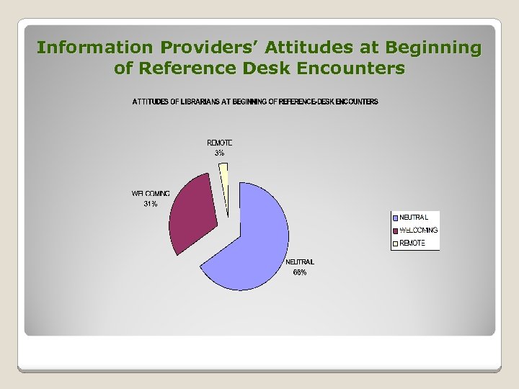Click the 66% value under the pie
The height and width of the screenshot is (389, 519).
tap(299, 272)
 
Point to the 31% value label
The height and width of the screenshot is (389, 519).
tap(150, 204)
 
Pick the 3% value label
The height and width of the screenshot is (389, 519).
tap(219, 153)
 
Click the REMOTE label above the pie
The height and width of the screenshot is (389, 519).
tap(219, 143)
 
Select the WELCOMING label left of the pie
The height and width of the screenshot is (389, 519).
tap(151, 194)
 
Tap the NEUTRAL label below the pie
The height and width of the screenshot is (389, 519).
tap(300, 262)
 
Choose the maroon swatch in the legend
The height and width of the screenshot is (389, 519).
tap(396, 231)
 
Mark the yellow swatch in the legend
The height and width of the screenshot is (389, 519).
tap(396, 243)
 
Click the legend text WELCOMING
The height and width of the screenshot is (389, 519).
tap(419, 231)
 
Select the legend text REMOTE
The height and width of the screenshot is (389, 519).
tap(413, 243)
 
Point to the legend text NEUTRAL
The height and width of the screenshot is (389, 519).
tap(414, 218)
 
